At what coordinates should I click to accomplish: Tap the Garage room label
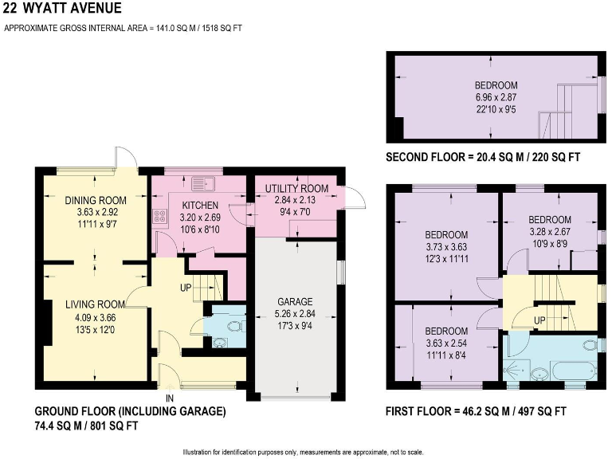point(294,302)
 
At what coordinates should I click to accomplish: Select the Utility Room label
point(292,187)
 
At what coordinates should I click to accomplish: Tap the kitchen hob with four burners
point(158,216)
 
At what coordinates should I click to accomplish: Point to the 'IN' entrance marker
point(170,397)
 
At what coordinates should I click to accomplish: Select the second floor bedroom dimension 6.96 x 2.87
point(496,97)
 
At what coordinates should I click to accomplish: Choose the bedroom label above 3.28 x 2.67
point(550,219)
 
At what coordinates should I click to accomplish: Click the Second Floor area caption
point(483,158)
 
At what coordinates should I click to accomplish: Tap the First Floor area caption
point(476,412)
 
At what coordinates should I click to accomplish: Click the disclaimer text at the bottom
point(306,451)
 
